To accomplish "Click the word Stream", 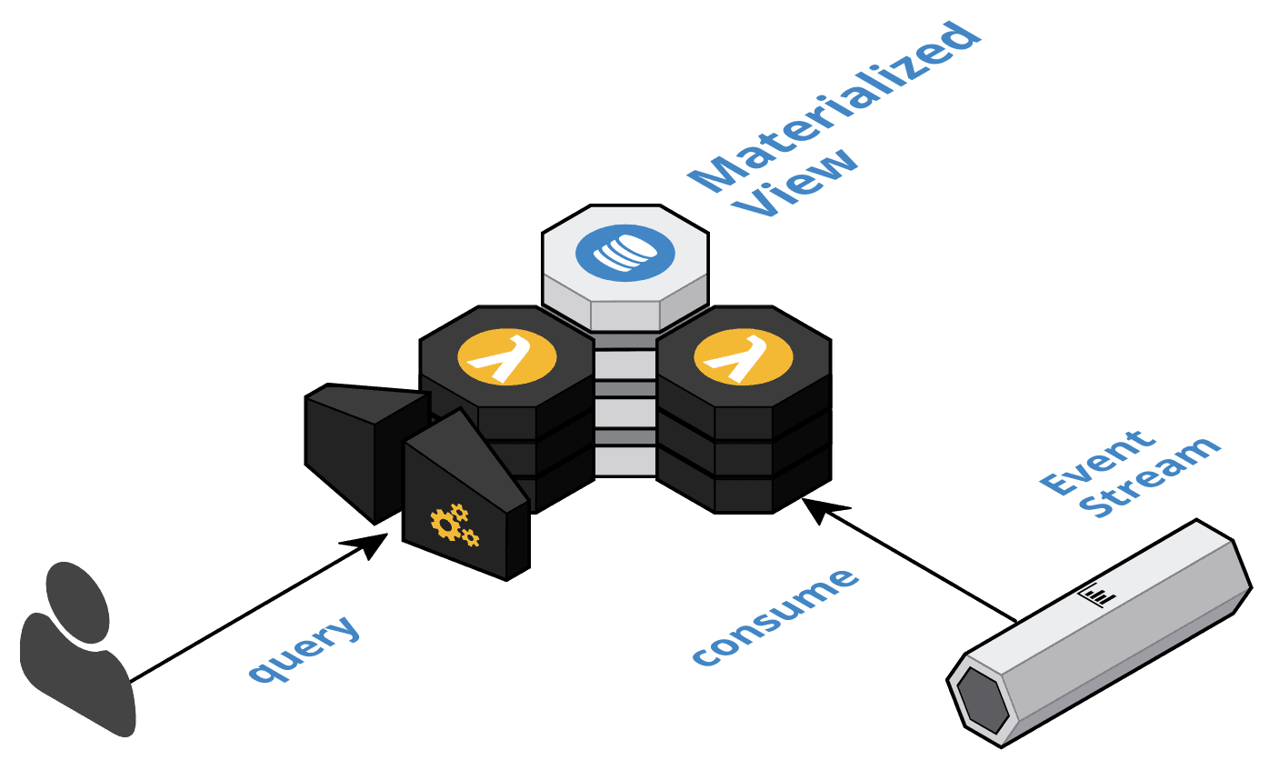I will pyautogui.click(x=1154, y=478).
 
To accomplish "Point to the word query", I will pyautogui.click(x=305, y=649).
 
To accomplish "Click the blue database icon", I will pyautogui.click(x=625, y=252).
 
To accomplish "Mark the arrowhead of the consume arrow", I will pyautogui.click(x=815, y=510).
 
